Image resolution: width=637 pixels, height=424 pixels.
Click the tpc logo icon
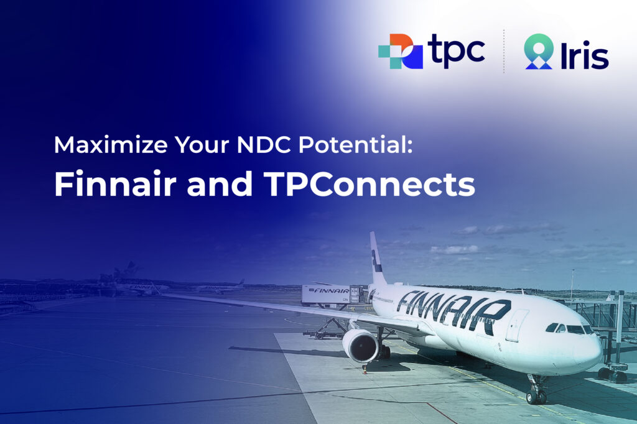(400, 52)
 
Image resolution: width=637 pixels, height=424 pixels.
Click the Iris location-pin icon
(538, 52)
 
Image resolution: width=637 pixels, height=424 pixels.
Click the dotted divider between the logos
(504, 52)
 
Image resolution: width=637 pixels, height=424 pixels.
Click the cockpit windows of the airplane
(569, 328)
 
